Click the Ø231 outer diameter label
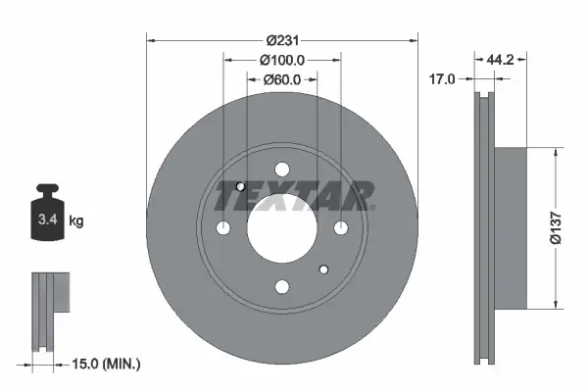[x=282, y=40]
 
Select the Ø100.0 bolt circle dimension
[x=282, y=60]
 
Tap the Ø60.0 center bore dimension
[x=282, y=79]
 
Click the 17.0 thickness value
[x=442, y=79]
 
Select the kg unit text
[x=76, y=221]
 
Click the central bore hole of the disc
[x=282, y=227]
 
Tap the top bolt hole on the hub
[x=282, y=169]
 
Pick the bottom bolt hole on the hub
[x=282, y=286]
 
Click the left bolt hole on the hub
[x=223, y=227]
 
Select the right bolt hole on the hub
[x=341, y=227]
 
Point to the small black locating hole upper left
[x=241, y=186]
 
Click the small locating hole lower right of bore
[x=323, y=269]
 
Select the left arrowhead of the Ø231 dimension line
[x=151, y=40]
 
